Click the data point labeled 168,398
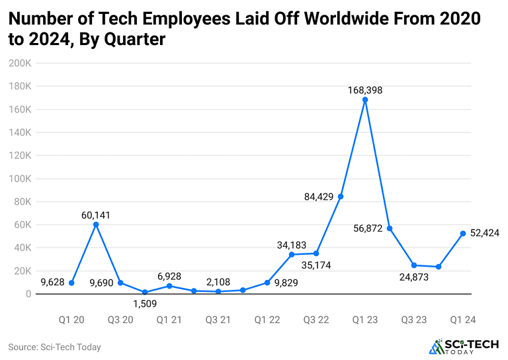pos(364,100)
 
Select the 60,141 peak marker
pos(96,224)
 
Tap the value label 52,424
pos(484,232)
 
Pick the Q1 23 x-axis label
pos(364,320)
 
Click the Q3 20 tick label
pos(120,320)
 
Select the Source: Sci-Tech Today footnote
pos(54,347)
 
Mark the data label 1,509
pos(144,305)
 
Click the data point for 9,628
pos(71,283)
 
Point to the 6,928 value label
pos(169,276)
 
